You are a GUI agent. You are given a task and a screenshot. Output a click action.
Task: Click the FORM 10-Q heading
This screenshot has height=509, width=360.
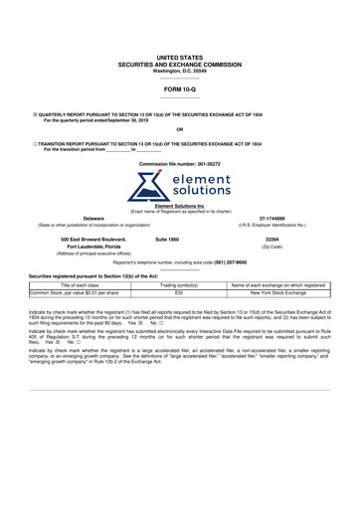[x=179, y=88]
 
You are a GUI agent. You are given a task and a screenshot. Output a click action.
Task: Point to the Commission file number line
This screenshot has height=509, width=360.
[x=179, y=161]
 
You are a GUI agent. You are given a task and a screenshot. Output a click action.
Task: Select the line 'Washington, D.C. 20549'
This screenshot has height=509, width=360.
[x=179, y=71]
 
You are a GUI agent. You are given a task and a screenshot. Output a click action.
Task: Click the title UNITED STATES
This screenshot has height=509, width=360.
[x=179, y=59]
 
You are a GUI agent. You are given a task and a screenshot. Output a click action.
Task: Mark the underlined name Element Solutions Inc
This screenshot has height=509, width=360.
[x=179, y=206]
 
